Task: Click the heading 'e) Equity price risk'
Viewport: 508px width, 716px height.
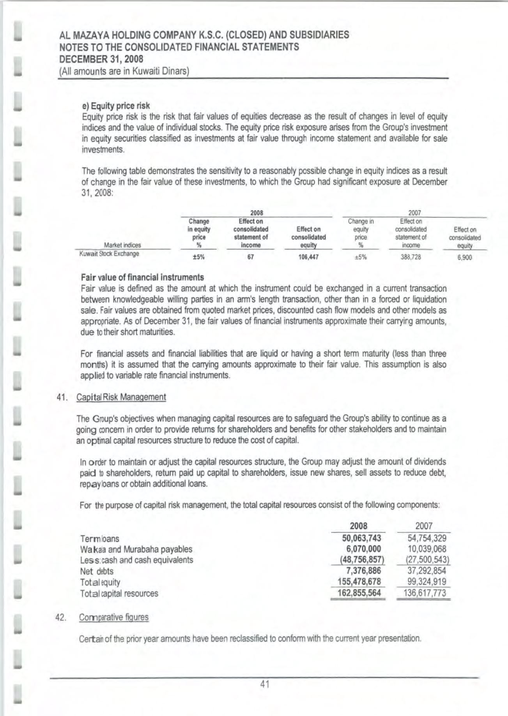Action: click(x=116, y=106)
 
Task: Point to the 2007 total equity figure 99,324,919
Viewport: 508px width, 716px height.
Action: click(x=424, y=582)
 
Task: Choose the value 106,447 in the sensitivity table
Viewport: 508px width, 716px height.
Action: click(x=308, y=257)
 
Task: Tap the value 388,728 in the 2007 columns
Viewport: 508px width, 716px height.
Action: click(x=411, y=257)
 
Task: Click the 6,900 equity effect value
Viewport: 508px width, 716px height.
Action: click(x=465, y=257)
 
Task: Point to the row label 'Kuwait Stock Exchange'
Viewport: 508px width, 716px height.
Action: click(x=109, y=254)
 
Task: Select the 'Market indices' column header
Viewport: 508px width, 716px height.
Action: click(x=122, y=245)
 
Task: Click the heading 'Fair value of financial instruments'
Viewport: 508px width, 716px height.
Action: click(x=142, y=277)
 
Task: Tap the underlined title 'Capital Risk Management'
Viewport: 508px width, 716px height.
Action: click(x=121, y=397)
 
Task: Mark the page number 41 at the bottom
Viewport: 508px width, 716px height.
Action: click(x=265, y=684)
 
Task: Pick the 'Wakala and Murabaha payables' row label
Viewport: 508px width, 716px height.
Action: click(x=136, y=549)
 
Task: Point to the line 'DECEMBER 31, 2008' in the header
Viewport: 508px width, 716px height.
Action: click(x=101, y=59)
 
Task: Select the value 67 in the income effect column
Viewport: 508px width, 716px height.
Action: click(x=251, y=257)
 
